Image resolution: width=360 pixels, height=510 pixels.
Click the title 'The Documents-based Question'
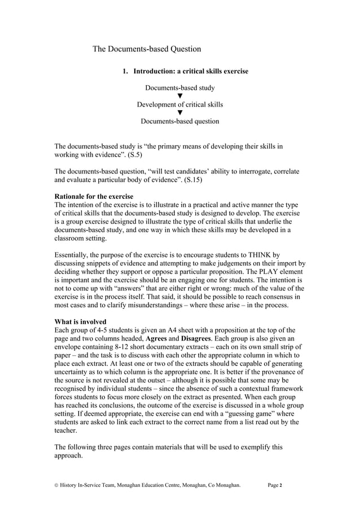(x=147, y=49)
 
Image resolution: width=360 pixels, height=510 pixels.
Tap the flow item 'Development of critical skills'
(x=179, y=104)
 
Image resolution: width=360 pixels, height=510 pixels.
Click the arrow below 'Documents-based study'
(x=179, y=96)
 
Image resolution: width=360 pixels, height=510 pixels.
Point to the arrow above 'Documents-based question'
(x=179, y=113)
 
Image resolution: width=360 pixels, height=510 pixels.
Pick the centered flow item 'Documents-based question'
(x=179, y=121)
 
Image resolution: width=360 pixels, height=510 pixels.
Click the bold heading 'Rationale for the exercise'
(x=94, y=197)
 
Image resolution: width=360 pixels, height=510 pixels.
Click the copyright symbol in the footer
(x=56, y=485)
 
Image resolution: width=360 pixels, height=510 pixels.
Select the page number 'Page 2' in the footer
(x=276, y=485)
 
